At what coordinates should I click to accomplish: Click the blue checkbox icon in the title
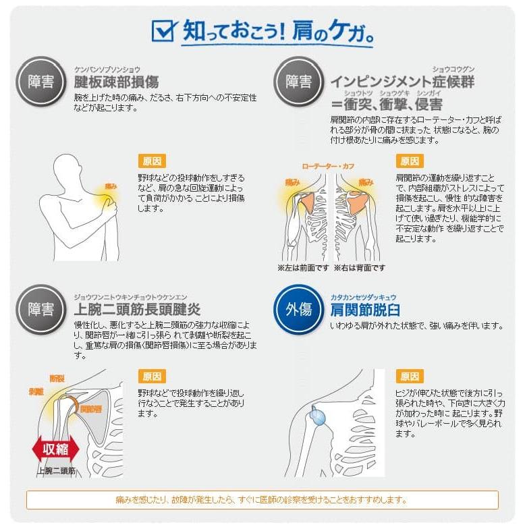[163, 30]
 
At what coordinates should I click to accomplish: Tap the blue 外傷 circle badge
[299, 309]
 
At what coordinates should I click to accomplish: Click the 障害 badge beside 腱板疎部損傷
[41, 82]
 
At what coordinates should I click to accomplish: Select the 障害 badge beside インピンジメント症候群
[299, 82]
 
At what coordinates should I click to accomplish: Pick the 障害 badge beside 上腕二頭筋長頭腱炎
[41, 309]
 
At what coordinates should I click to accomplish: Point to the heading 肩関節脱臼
[365, 310]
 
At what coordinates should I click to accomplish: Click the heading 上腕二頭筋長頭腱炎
[137, 309]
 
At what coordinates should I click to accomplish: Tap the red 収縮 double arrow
[55, 449]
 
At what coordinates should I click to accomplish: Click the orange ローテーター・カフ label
[328, 167]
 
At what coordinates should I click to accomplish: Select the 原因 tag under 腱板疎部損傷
[152, 161]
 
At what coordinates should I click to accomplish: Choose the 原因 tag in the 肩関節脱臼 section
[410, 377]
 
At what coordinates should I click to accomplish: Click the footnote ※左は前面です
[304, 268]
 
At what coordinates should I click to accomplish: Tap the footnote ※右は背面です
[360, 268]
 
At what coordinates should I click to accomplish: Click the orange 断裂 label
[57, 379]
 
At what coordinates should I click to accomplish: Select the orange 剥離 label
[36, 391]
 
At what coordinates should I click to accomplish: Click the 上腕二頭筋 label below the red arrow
[56, 471]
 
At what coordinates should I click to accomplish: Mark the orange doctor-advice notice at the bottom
[262, 500]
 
